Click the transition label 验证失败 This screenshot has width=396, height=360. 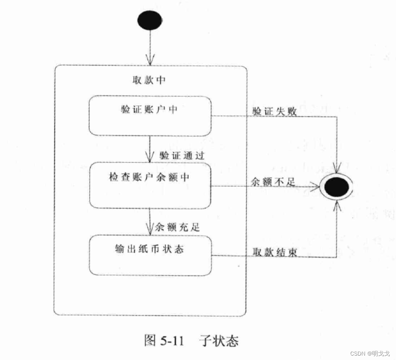pyautogui.click(x=274, y=112)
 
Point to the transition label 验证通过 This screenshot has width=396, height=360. pyautogui.click(x=182, y=155)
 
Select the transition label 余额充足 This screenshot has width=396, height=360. pyautogui.click(x=178, y=227)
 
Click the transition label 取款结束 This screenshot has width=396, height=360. pyautogui.click(x=274, y=252)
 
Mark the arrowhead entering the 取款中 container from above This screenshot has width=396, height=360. pyautogui.click(x=150, y=60)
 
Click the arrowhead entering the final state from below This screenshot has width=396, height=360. pyautogui.click(x=337, y=205)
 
